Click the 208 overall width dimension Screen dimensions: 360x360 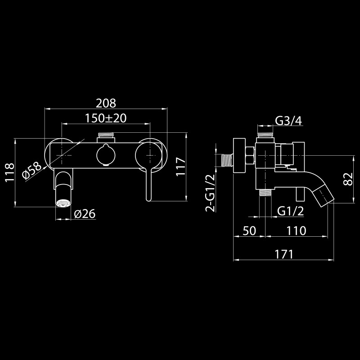[x=106, y=103]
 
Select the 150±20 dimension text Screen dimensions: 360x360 [x=106, y=118]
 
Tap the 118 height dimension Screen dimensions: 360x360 [x=9, y=173]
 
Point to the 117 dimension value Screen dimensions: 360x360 [x=181, y=166]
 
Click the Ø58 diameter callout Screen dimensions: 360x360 [x=32, y=171]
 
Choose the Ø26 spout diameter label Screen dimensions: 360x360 [x=85, y=214]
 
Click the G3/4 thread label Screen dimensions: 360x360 [x=288, y=121]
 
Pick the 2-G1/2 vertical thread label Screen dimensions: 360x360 [x=210, y=193]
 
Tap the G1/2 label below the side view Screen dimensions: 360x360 [x=290, y=211]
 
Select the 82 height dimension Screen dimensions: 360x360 [x=348, y=179]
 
